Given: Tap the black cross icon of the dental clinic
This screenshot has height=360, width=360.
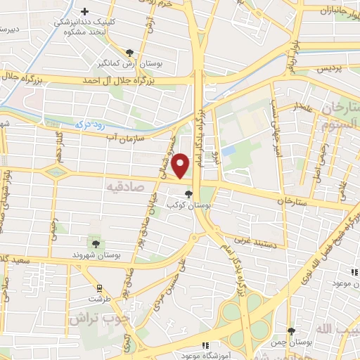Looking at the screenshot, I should [85, 12].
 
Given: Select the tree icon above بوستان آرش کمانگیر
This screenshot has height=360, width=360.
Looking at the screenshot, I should [129, 52].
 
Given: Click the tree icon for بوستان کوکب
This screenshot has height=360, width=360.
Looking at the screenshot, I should [188, 193].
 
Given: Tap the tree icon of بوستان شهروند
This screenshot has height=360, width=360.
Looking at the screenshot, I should [96, 243].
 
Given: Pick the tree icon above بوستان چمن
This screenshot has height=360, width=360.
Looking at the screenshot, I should [291, 331].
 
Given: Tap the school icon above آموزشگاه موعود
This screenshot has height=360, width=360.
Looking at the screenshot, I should [205, 345].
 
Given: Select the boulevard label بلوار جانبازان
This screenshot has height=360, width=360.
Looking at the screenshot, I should [337, 11].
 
